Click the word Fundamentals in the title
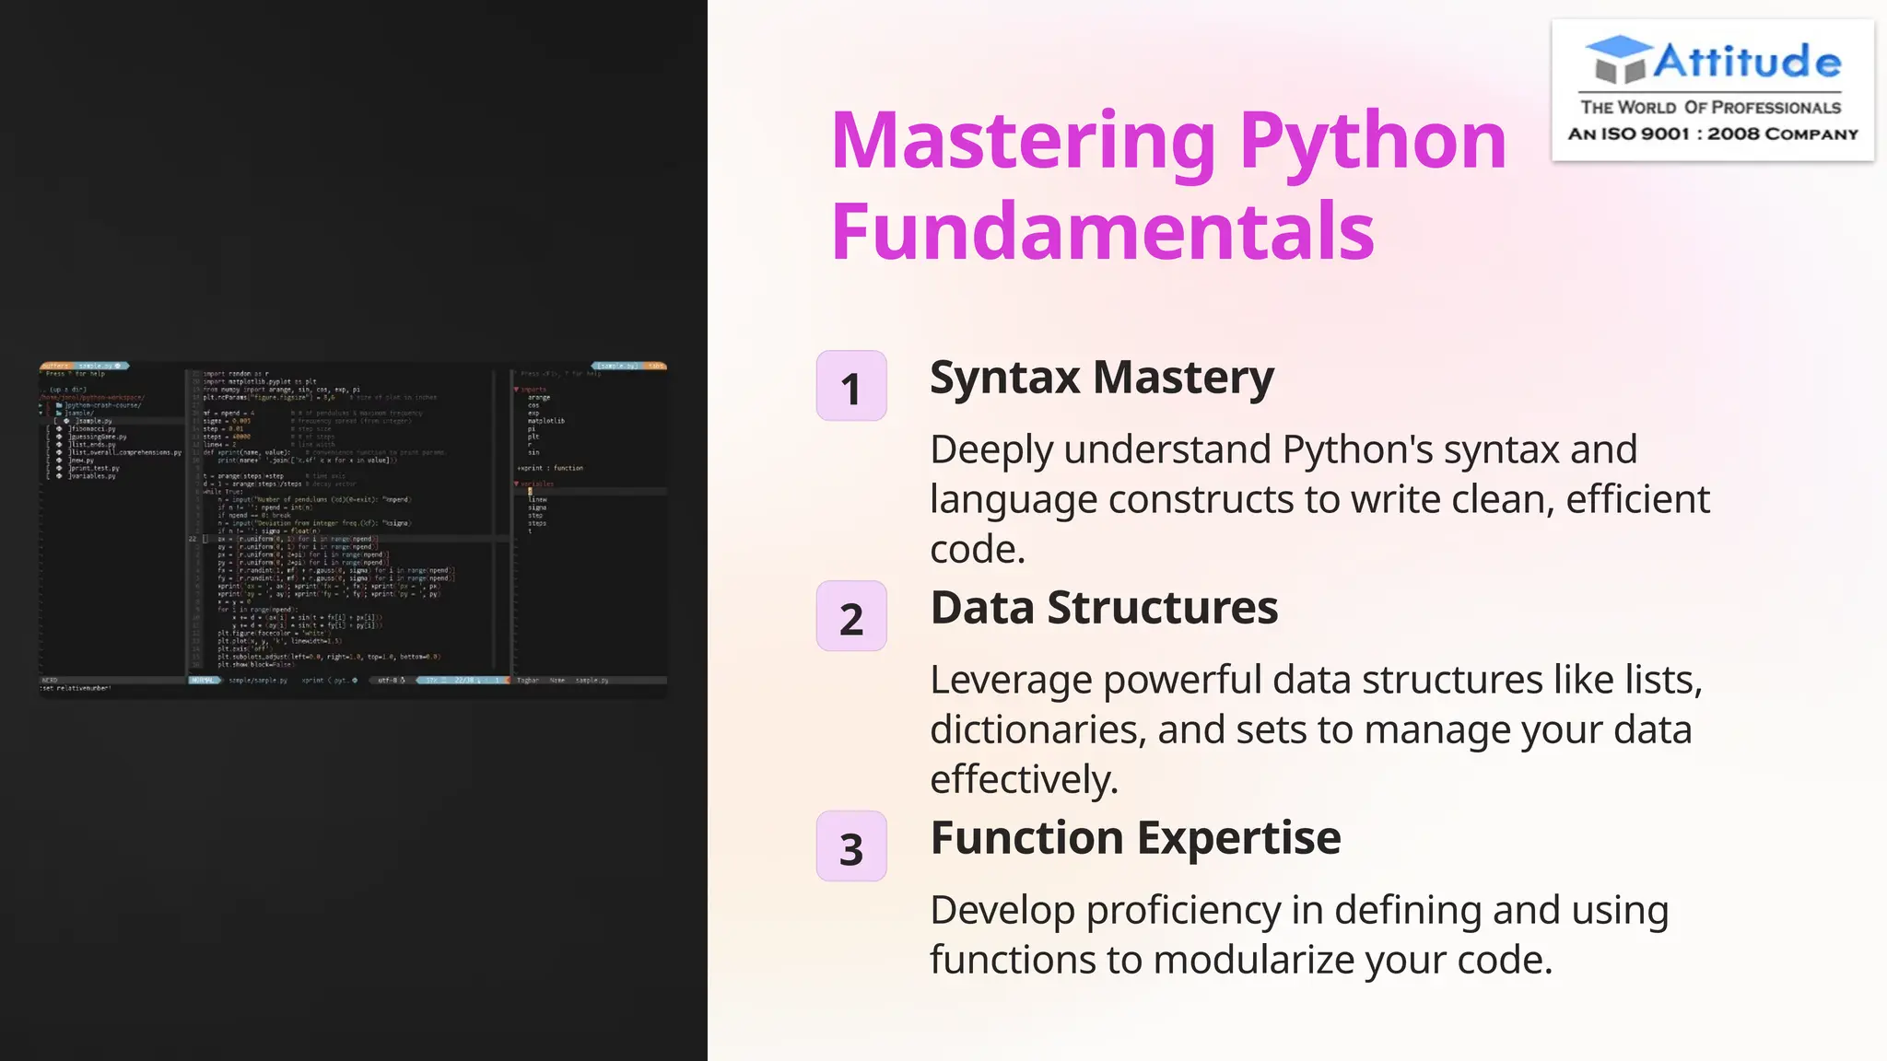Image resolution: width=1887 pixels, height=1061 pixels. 1102,231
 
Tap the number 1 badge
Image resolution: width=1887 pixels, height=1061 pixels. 851,387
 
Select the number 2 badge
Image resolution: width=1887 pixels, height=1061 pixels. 851,617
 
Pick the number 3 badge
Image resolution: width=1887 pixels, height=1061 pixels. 851,847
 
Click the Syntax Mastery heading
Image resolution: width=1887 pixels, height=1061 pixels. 1101,378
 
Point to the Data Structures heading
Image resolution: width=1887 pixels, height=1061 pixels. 1104,608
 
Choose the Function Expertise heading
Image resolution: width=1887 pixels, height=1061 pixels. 1135,838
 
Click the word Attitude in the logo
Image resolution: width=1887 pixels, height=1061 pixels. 1747,63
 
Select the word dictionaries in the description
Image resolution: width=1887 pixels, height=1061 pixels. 1037,730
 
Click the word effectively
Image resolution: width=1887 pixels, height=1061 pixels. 1023,780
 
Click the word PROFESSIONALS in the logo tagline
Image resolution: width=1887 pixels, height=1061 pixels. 1776,108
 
